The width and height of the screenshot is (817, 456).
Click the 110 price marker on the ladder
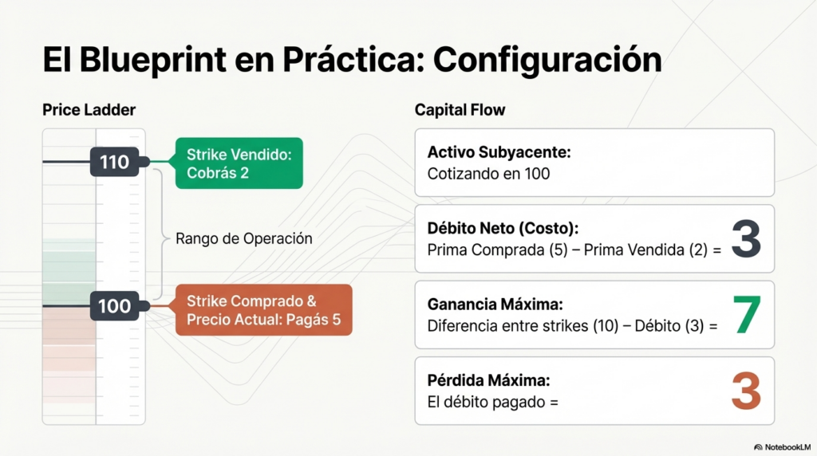click(x=115, y=162)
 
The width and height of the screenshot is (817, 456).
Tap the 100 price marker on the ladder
click(x=115, y=305)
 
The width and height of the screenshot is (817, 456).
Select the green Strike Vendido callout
click(x=239, y=163)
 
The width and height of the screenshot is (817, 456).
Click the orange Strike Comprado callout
click(x=263, y=310)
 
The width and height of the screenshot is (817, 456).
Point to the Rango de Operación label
click(x=244, y=238)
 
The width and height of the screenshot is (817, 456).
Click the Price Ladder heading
click(x=89, y=110)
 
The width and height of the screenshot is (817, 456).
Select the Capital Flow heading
click(x=460, y=110)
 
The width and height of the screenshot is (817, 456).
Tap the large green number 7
click(x=747, y=314)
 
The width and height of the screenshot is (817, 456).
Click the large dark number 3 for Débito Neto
click(x=746, y=238)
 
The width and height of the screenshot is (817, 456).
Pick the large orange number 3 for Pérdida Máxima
click(x=746, y=391)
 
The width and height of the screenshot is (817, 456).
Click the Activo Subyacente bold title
click(x=499, y=152)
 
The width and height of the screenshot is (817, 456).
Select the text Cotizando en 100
click(x=489, y=174)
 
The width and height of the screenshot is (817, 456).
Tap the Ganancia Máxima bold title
click(x=495, y=304)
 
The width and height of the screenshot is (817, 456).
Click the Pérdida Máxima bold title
click(x=489, y=380)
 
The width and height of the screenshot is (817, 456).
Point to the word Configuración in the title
click(x=547, y=61)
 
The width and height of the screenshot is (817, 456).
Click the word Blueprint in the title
click(x=152, y=61)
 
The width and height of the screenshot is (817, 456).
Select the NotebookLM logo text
click(x=783, y=447)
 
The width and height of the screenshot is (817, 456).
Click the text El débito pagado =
click(x=492, y=402)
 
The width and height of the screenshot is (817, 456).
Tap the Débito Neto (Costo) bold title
click(x=503, y=228)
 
